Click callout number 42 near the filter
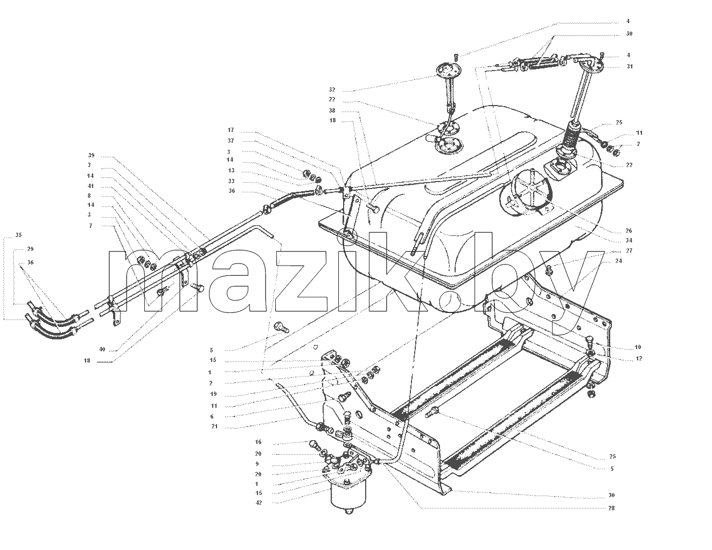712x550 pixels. (259, 503)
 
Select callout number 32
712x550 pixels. (332, 90)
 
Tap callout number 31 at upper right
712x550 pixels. (630, 66)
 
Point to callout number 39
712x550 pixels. (92, 155)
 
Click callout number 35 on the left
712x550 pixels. (19, 235)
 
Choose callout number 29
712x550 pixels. (30, 249)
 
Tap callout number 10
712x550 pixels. (638, 347)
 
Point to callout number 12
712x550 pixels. (639, 358)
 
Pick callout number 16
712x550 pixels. (259, 442)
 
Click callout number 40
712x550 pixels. (102, 350)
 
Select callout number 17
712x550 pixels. (231, 130)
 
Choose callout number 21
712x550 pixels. (214, 427)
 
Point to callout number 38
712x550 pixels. (332, 111)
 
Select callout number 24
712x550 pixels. (619, 261)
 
